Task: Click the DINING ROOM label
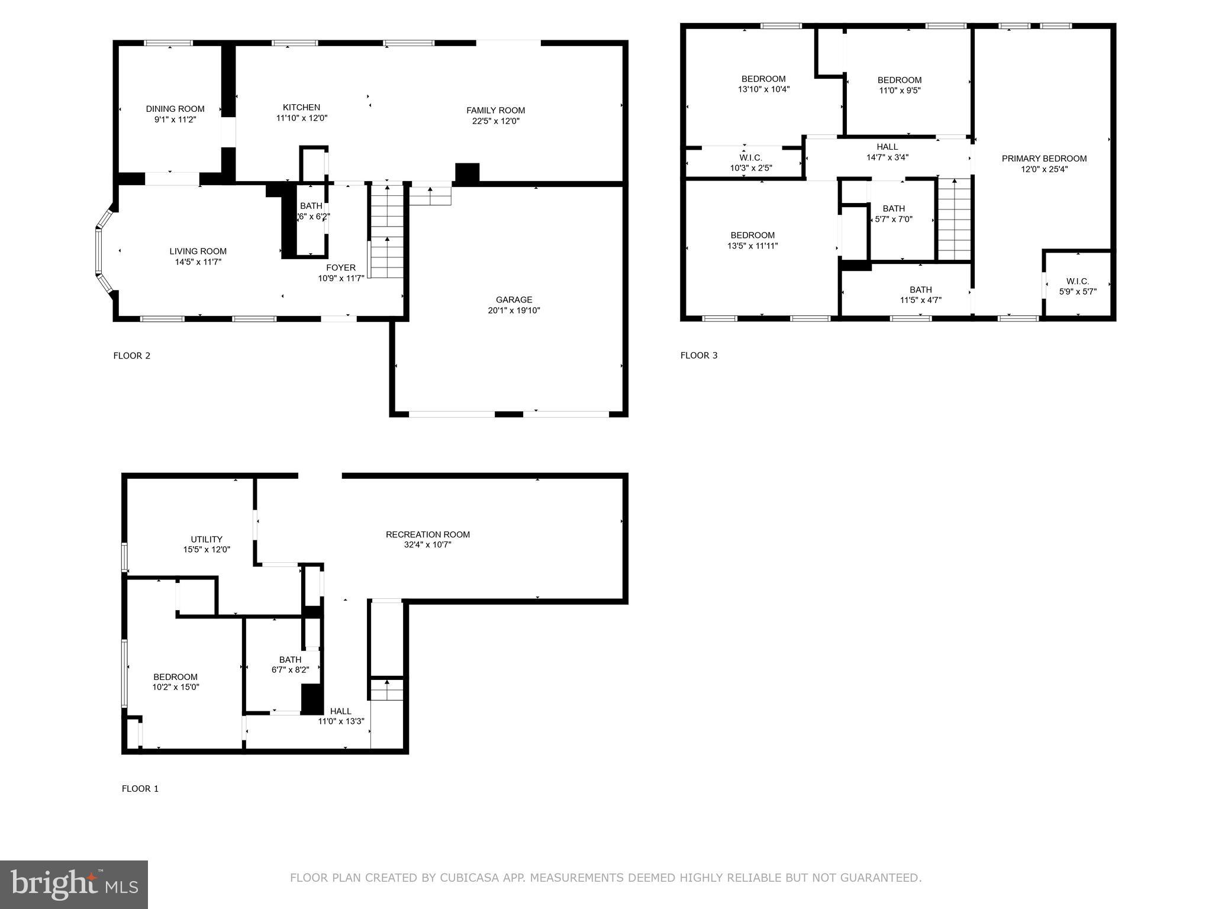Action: pos(175,109)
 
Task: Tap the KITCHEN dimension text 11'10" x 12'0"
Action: pos(302,118)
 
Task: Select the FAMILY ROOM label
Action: pos(495,110)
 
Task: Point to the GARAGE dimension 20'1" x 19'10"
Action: pos(514,311)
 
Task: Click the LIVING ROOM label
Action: pos(198,252)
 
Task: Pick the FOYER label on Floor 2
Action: pos(341,268)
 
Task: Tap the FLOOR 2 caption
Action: pos(132,356)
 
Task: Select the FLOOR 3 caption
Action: pos(699,356)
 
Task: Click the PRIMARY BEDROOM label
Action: pos(1044,159)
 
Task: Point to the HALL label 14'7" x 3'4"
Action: pos(887,147)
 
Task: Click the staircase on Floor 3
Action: pos(954,219)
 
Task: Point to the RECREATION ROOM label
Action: pos(428,535)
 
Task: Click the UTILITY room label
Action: pos(207,540)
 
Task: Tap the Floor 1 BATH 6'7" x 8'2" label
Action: pos(290,660)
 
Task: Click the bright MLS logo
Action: pos(74,885)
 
